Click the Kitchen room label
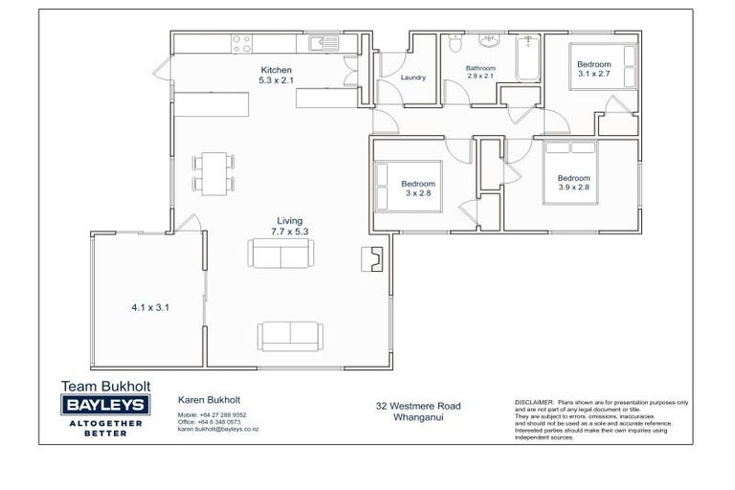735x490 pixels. point(276,70)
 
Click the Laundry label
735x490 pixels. point(413,78)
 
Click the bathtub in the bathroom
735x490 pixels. point(528,57)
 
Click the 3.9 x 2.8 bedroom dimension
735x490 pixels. point(574,187)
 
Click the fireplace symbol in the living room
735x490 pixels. point(371,256)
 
